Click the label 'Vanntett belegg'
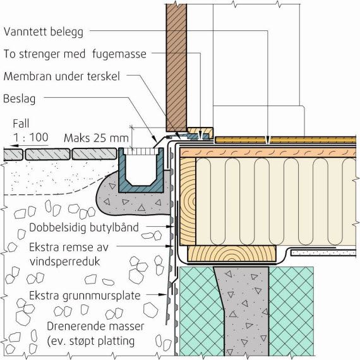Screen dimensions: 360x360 coord(44,32)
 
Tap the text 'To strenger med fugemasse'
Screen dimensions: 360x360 coord(75,54)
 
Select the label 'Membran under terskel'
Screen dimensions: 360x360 coord(61,76)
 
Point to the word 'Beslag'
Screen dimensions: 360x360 coord(20,99)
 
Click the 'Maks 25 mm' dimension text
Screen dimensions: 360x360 coord(96,138)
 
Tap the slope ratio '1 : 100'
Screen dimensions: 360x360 coord(30,137)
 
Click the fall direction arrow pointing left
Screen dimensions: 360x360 coord(30,145)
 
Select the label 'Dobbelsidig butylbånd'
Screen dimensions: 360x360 coord(84,227)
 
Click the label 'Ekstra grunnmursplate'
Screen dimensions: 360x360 coord(85,296)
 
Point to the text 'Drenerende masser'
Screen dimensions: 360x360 coord(95,327)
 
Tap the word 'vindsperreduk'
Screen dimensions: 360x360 coord(65,261)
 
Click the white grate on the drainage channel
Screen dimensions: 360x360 coord(141,152)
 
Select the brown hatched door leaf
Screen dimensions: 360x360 coord(176,66)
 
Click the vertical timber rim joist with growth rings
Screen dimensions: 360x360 coord(188,201)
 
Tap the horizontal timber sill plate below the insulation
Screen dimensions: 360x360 coord(232,253)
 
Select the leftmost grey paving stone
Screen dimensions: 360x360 coord(13,154)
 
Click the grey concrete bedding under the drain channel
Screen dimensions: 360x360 coord(133,201)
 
